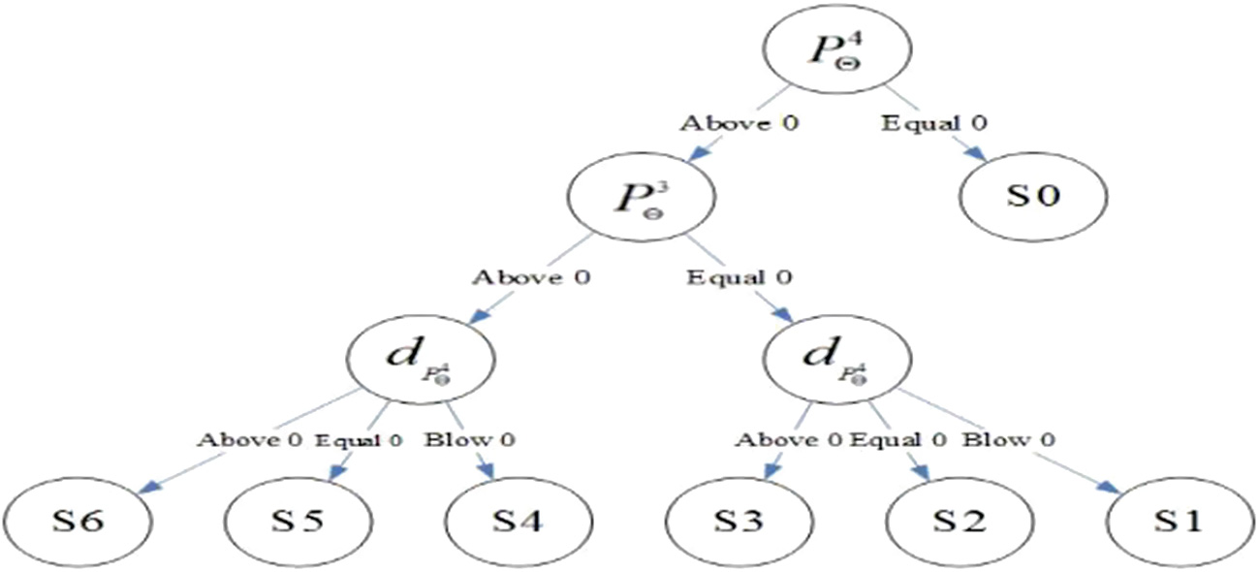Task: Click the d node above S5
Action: click(x=422, y=359)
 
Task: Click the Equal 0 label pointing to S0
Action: click(x=921, y=124)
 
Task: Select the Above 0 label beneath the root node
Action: click(x=740, y=124)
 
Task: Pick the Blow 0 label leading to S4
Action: click(x=470, y=440)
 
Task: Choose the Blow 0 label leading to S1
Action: click(x=1009, y=440)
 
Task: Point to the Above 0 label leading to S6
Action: click(x=250, y=440)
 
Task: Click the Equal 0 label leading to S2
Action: click(x=897, y=440)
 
